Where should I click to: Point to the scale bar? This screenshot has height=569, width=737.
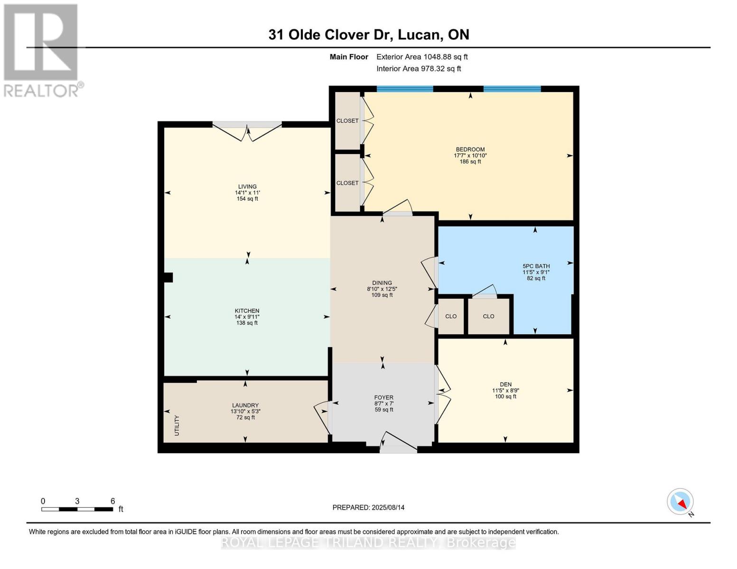tap(77, 509)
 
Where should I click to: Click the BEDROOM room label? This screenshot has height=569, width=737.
tap(470, 149)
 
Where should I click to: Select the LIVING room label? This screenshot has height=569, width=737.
tap(247, 187)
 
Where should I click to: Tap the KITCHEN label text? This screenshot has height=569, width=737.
tap(247, 311)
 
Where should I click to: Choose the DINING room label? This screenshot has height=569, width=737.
tap(382, 283)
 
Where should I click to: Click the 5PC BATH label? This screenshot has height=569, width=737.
tap(536, 266)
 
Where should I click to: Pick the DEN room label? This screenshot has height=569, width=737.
tap(506, 384)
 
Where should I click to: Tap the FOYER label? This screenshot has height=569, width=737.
tap(383, 397)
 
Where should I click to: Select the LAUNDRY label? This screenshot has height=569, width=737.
tap(245, 405)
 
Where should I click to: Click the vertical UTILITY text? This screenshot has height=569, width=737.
tap(177, 425)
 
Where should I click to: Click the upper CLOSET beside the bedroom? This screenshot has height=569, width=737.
tap(347, 121)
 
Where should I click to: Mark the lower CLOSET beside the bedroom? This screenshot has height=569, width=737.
tap(347, 183)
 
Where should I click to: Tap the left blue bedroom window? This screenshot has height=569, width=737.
tap(405, 89)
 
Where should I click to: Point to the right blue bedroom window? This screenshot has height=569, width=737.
tap(512, 89)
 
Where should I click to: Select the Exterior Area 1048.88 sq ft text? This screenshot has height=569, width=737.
tap(422, 57)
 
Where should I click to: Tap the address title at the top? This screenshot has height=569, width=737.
tap(369, 35)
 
